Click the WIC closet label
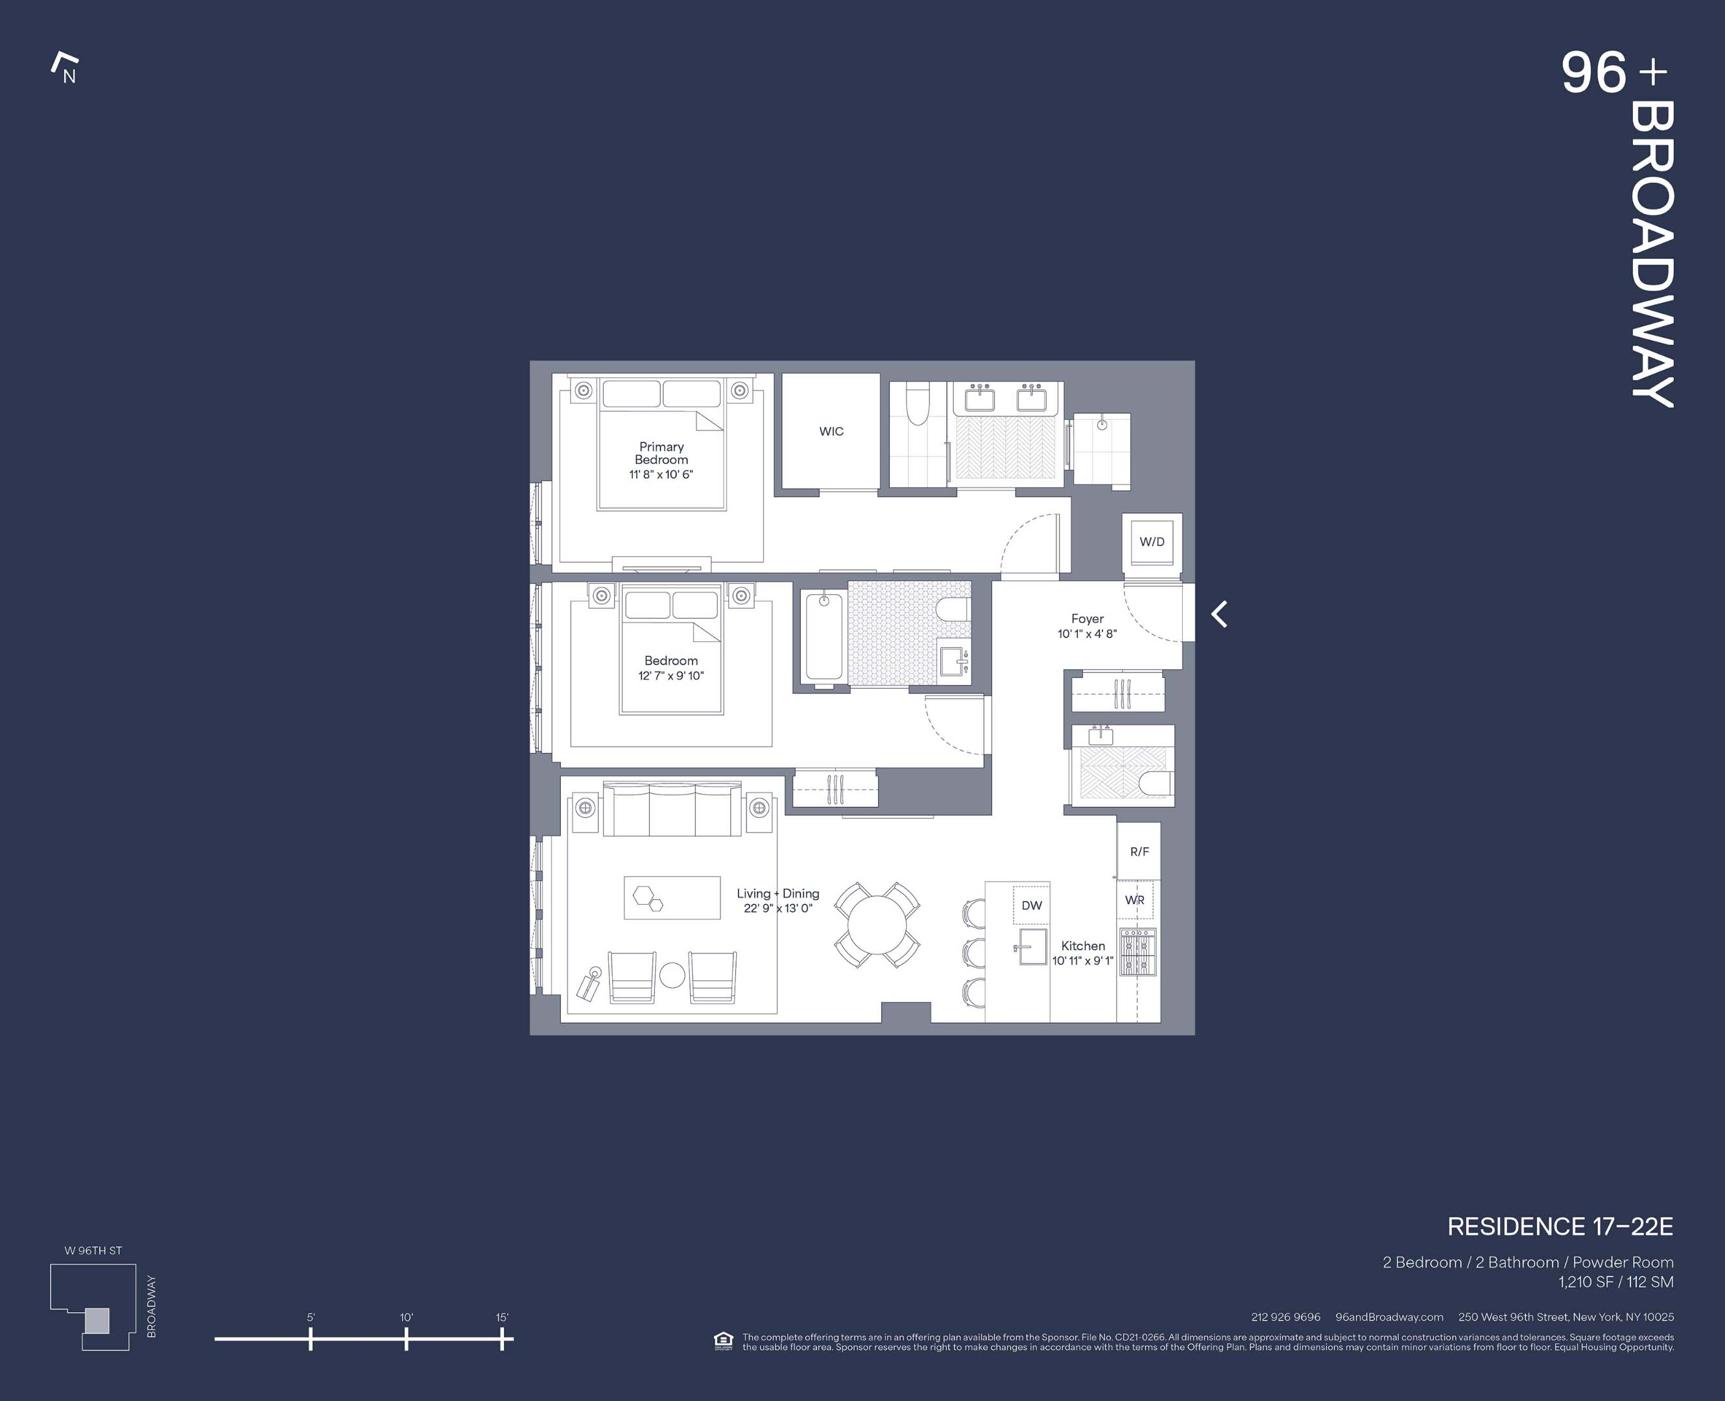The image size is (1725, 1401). pyautogui.click(x=831, y=432)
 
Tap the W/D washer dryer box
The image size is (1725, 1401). pyautogui.click(x=1151, y=542)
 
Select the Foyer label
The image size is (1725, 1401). pyautogui.click(x=1087, y=619)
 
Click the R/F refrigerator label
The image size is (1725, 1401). pyautogui.click(x=1139, y=852)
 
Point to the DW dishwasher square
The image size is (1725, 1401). pyautogui.click(x=1031, y=905)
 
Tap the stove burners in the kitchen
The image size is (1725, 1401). pyautogui.click(x=1137, y=952)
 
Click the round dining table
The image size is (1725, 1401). pyautogui.click(x=877, y=925)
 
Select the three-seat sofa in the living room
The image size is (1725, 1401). pyautogui.click(x=672, y=809)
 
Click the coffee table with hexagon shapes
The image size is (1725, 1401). pyautogui.click(x=672, y=898)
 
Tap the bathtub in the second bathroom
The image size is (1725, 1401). pyautogui.click(x=824, y=638)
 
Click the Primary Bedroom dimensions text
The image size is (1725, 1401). pyautogui.click(x=661, y=475)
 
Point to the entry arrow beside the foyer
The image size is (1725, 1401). pyautogui.click(x=1219, y=614)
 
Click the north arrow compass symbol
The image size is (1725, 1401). pyautogui.click(x=65, y=69)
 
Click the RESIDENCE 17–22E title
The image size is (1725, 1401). pyautogui.click(x=1559, y=1227)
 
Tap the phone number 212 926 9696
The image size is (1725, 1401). pyautogui.click(x=1285, y=1317)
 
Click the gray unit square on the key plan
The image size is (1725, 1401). pyautogui.click(x=97, y=1321)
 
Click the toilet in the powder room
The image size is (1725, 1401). pyautogui.click(x=1156, y=782)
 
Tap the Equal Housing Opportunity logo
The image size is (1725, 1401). pyautogui.click(x=723, y=1341)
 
